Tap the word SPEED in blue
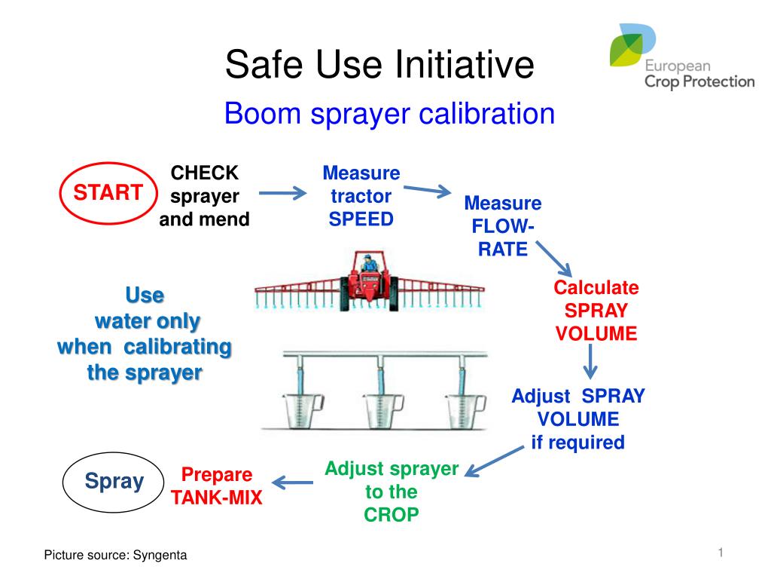[361, 219]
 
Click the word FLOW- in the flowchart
[502, 226]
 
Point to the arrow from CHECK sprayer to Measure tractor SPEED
[283, 193]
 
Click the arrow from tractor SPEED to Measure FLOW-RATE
[427, 191]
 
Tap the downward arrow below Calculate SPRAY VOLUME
[590, 361]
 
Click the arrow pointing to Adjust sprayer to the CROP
[494, 462]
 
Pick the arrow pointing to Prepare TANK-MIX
[293, 482]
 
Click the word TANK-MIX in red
[216, 498]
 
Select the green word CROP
[392, 515]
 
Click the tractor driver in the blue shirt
[369, 263]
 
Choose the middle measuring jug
[383, 411]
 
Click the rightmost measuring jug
[465, 411]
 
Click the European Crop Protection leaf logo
[632, 44]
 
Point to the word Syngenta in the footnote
[160, 556]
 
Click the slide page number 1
[721, 553]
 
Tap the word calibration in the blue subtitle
[487, 114]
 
